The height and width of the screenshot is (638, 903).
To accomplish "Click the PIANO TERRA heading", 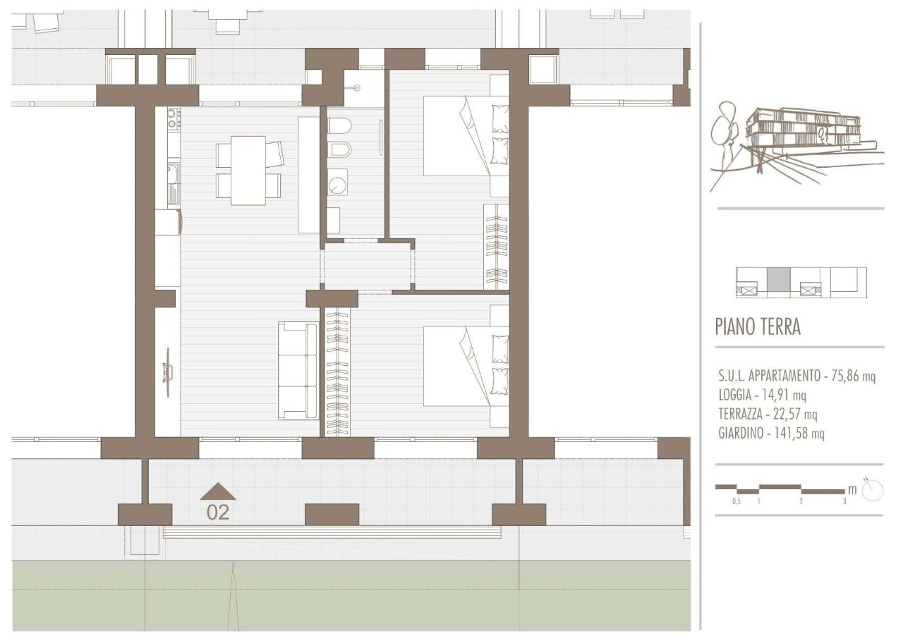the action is point(758,326).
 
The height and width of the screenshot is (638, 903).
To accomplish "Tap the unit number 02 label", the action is point(218,513).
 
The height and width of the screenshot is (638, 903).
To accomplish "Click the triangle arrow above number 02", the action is point(218,491).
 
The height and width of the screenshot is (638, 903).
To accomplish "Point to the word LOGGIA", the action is point(735,395).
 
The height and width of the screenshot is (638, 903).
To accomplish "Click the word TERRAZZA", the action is point(740,414).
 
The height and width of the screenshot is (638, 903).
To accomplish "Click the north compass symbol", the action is point(873,490).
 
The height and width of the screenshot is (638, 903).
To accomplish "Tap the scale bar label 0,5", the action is point(736,502).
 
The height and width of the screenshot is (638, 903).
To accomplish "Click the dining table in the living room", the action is point(248,171).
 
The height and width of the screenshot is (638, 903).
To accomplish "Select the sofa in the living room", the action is point(298,371).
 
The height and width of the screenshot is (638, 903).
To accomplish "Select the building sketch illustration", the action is point(796,145).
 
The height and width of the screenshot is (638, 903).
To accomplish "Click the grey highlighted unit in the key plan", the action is point(778,279).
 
